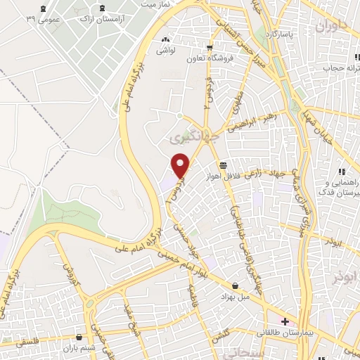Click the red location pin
[181, 165]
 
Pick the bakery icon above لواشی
[165, 41]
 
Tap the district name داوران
[332, 27]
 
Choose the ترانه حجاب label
[335, 68]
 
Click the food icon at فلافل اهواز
[223, 165]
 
